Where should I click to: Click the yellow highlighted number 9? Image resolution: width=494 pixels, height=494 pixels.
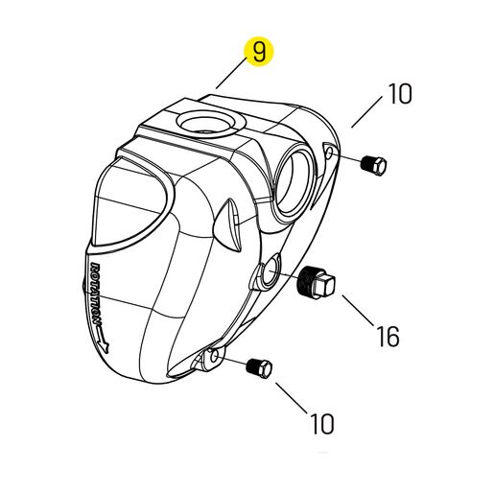(x=259, y=52)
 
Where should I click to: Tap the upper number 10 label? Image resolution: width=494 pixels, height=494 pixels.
(x=400, y=94)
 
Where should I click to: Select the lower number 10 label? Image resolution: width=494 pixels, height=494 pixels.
(x=322, y=423)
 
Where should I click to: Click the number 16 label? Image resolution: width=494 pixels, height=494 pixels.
(x=388, y=336)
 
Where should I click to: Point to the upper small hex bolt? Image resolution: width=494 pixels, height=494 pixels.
(x=373, y=166)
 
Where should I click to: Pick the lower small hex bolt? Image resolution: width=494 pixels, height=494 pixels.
(x=259, y=368)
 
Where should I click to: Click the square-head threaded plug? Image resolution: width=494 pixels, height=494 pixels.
(x=316, y=282)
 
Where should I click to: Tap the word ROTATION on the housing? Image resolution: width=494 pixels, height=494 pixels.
(x=96, y=294)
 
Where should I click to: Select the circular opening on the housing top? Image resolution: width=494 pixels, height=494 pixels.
(x=210, y=124)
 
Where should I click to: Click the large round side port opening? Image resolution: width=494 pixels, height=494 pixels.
(x=294, y=182)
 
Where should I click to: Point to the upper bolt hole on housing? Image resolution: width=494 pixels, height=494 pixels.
(x=329, y=152)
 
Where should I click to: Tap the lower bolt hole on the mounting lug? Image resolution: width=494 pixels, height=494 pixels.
(x=215, y=355)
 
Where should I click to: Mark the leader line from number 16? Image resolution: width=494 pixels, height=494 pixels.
(x=358, y=311)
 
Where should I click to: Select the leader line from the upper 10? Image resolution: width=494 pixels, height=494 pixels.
(x=366, y=112)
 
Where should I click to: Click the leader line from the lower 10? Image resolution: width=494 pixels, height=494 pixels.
(x=291, y=397)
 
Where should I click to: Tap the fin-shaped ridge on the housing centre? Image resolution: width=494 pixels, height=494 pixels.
(x=228, y=224)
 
